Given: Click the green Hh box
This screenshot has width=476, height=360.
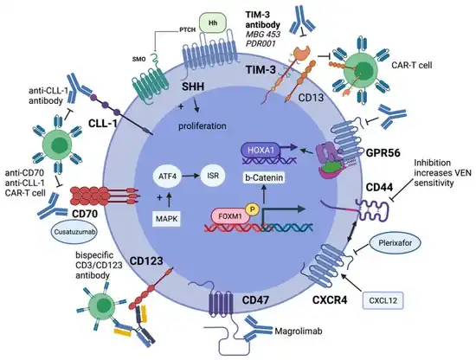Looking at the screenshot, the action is [213, 23].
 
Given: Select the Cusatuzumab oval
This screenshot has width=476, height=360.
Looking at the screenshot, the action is [74, 232].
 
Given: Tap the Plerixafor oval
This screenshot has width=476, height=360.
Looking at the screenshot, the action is [395, 243].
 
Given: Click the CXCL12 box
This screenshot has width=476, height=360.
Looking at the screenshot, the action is [383, 300].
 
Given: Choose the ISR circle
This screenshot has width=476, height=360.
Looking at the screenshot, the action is [213, 175].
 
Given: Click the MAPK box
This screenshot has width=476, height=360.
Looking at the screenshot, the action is [166, 219].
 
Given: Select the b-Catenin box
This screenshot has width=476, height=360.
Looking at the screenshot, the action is [264, 177].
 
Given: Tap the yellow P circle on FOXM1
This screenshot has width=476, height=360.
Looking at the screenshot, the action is [252, 209].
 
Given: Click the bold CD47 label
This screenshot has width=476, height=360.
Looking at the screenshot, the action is [255, 300].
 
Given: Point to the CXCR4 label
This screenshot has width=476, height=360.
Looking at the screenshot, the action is [330, 300].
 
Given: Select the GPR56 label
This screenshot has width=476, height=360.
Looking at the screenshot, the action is [383, 153].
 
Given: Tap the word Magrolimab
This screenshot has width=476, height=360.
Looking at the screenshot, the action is [299, 331].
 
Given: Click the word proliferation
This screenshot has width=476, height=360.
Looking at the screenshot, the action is [203, 125].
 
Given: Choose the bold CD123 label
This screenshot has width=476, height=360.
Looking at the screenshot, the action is [146, 260].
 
